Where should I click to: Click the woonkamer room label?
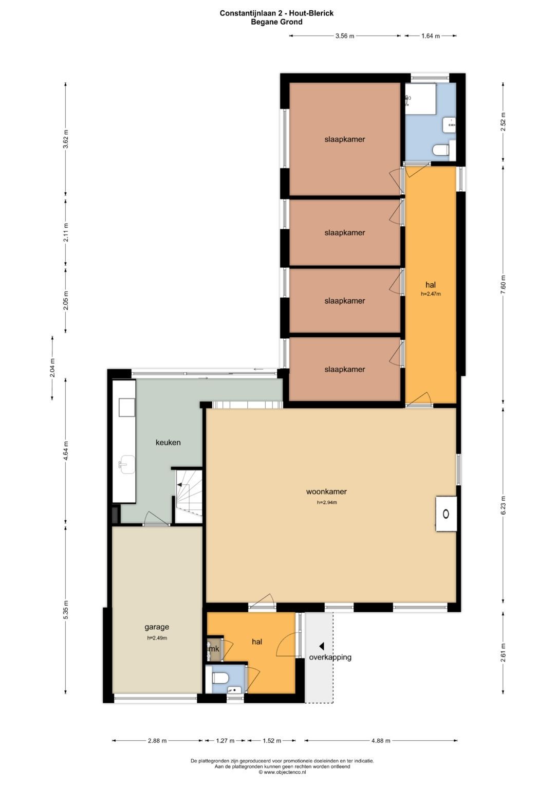326,491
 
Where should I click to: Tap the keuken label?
168,442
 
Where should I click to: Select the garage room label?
157,627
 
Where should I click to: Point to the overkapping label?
330,657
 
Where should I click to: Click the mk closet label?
214,649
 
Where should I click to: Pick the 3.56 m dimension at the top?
345,36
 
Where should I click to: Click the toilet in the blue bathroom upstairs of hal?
441,150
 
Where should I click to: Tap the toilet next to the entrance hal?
220,678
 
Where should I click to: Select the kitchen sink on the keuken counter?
126,464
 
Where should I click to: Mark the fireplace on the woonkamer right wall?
447,514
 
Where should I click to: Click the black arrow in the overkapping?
321,646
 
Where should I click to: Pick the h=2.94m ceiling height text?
327,502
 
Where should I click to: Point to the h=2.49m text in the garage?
157,638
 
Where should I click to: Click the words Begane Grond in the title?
276,22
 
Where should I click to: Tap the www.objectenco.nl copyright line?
282,772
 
